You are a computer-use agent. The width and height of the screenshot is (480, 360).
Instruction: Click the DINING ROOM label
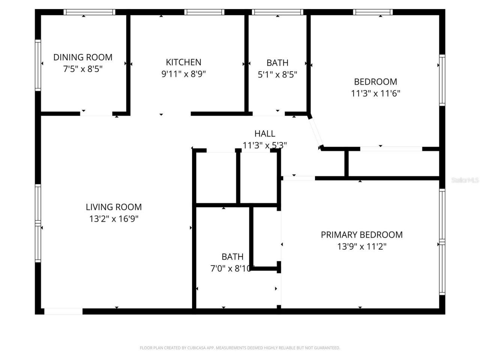pos(82,57)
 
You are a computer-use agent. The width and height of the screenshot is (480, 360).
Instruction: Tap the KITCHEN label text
pos(183,62)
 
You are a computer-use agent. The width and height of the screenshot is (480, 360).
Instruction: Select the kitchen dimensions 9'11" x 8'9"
pos(183,74)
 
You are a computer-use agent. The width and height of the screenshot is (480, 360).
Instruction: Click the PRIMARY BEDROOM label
pos(361,235)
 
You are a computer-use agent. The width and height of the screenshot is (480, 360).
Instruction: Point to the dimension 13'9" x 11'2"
pos(361,246)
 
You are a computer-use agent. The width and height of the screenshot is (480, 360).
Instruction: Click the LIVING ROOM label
pos(114,207)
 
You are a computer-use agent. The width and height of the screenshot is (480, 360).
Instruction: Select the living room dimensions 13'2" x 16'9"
pos(114,219)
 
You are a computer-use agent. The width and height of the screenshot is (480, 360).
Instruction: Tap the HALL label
pos(265,133)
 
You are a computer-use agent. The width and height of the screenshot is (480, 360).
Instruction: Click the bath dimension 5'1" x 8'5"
pos(277,75)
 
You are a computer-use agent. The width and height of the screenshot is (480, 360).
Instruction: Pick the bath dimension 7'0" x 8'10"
pos(232,268)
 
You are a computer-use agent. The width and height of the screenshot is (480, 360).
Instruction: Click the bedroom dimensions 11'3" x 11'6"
pos(375,93)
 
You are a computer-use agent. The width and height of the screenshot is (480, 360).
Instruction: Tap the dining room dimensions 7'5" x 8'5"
pos(82,69)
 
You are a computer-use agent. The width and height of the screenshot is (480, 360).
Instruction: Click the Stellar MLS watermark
pos(465,180)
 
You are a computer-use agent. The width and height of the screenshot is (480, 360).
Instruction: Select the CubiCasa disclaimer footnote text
pos(240,348)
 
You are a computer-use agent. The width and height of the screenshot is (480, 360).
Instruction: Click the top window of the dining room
pos(89,12)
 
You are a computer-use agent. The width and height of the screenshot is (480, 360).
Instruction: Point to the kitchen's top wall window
pos(204,12)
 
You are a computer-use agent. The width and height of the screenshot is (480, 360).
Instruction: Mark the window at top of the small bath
pos(277,12)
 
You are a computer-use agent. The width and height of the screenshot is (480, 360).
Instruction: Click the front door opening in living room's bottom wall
pos(63,311)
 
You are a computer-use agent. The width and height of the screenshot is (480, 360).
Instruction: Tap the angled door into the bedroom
pos(315,132)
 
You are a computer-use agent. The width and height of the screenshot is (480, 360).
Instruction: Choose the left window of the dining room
pos(38,65)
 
